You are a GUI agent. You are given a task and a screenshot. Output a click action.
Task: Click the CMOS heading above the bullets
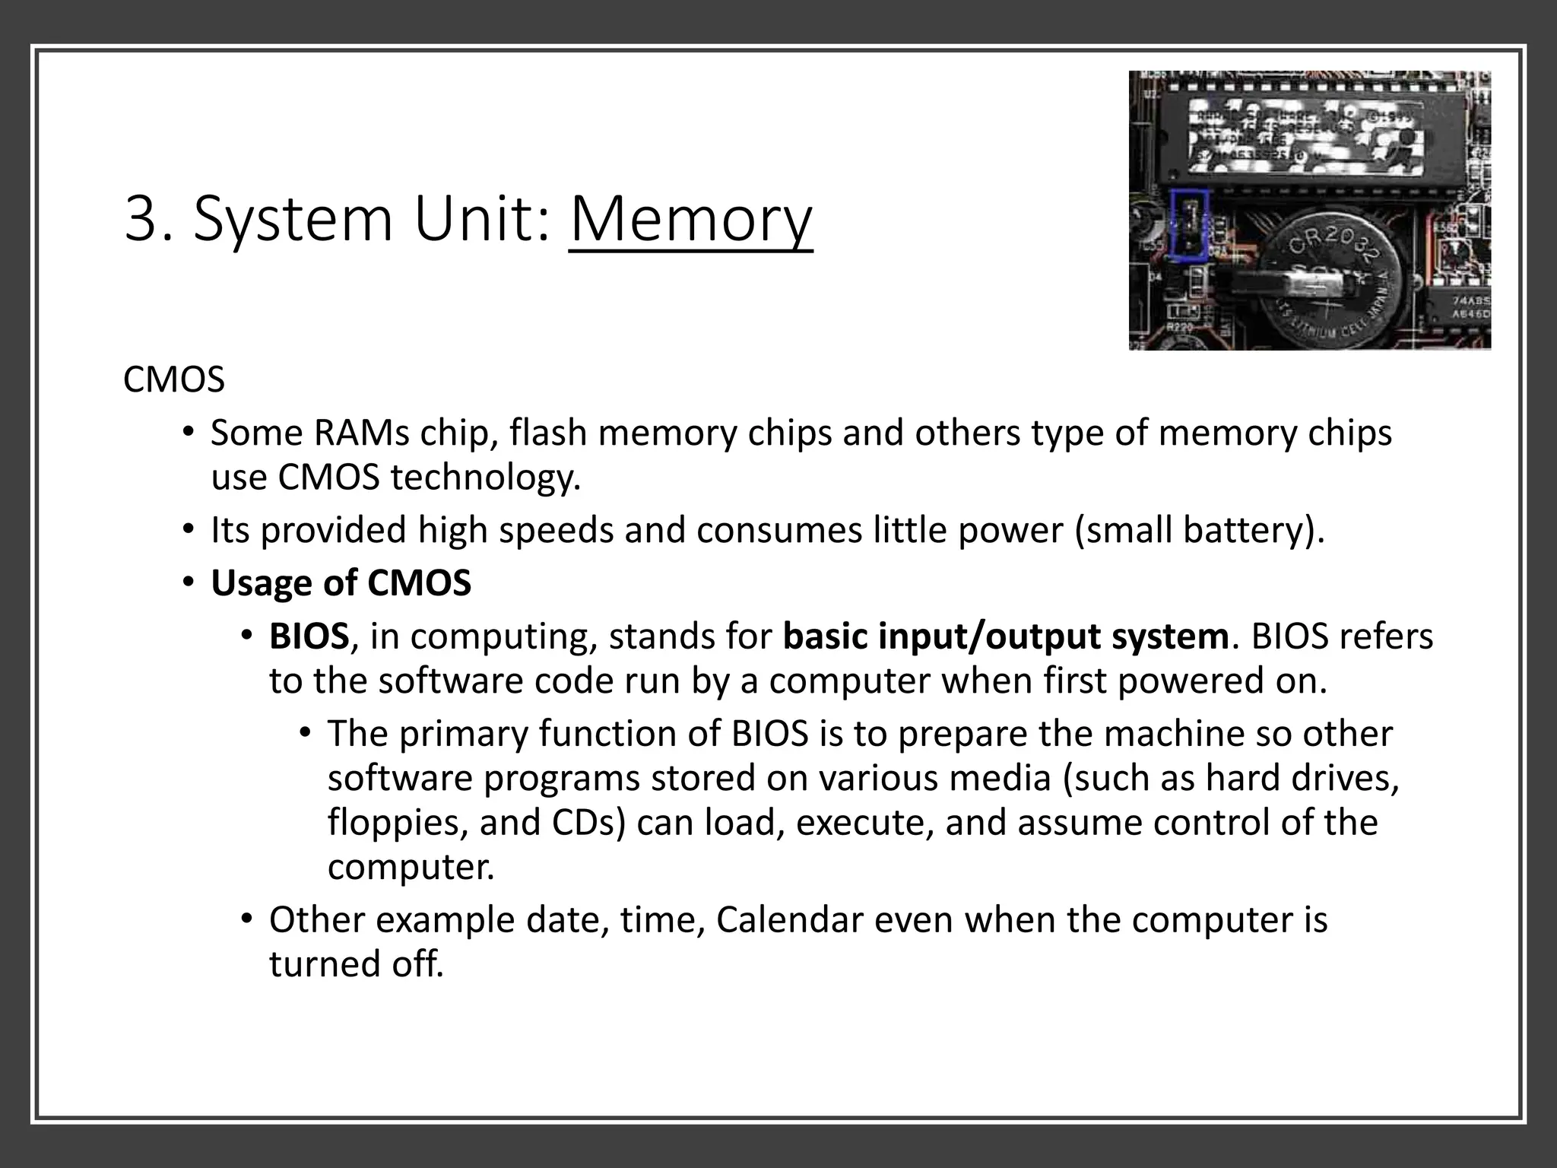174,379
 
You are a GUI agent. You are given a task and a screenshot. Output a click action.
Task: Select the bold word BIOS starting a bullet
309,636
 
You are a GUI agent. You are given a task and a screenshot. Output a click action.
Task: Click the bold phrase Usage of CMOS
341,583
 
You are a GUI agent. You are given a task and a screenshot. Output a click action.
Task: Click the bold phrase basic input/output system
1005,636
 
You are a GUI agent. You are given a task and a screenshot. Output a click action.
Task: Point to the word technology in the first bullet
484,478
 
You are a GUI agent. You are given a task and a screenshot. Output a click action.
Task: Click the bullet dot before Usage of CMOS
188,583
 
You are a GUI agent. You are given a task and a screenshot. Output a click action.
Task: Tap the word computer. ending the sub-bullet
411,867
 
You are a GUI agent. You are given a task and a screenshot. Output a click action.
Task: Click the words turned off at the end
356,964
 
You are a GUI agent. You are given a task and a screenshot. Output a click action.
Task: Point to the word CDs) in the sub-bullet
588,823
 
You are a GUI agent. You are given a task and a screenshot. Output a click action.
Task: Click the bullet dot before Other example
246,919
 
